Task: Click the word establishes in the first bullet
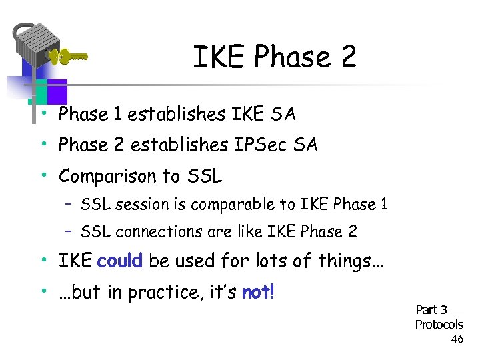[x=177, y=115]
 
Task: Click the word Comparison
[x=105, y=176]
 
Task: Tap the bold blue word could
[x=120, y=261]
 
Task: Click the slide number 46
[x=457, y=339]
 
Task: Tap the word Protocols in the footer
[x=439, y=325]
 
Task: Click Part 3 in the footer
[x=431, y=310]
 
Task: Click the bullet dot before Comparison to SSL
[x=42, y=175]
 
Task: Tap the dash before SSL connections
[x=68, y=231]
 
